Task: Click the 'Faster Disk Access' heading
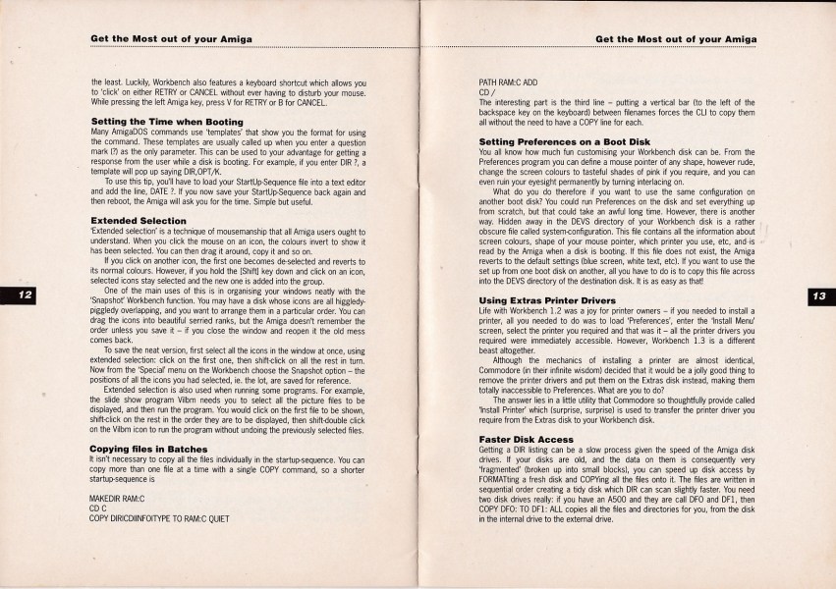(523, 438)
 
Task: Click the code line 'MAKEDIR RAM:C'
(117, 499)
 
